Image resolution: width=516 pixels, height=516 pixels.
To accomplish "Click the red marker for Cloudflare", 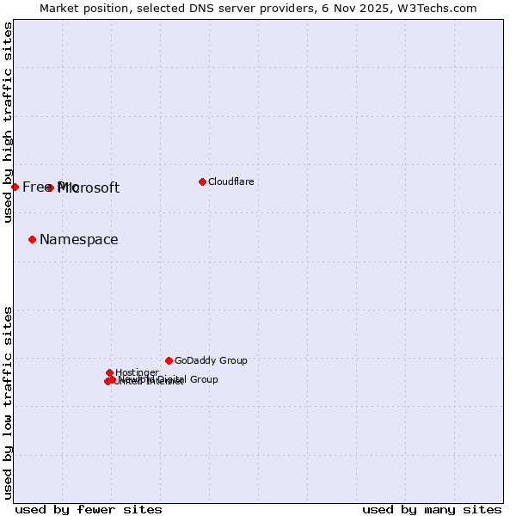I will tap(202, 181).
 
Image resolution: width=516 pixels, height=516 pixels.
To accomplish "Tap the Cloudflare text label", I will tap(230, 181).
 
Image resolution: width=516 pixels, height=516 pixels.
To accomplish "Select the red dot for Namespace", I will tap(32, 239).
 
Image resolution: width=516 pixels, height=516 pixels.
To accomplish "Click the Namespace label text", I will tap(79, 240).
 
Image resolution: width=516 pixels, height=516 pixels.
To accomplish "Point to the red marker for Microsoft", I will tap(50, 187).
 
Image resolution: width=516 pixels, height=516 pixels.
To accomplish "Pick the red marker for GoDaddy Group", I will tap(169, 360).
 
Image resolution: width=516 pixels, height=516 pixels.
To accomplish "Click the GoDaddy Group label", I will tap(211, 361).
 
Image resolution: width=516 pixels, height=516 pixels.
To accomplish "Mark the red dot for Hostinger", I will tap(109, 372).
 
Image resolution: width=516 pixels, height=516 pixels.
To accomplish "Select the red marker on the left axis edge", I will tap(15, 187).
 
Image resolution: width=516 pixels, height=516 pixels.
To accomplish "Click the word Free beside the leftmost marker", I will tap(37, 187).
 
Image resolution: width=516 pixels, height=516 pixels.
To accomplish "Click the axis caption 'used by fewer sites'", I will tap(89, 509).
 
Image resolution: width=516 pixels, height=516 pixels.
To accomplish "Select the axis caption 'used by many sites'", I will tap(432, 509).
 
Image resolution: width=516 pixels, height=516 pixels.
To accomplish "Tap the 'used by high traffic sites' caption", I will tap(9, 122).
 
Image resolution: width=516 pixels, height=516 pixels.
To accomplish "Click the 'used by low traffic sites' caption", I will tap(9, 402).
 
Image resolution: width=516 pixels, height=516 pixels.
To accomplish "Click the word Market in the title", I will tap(60, 8).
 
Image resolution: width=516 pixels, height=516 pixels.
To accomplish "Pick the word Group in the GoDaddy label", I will tap(233, 361).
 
